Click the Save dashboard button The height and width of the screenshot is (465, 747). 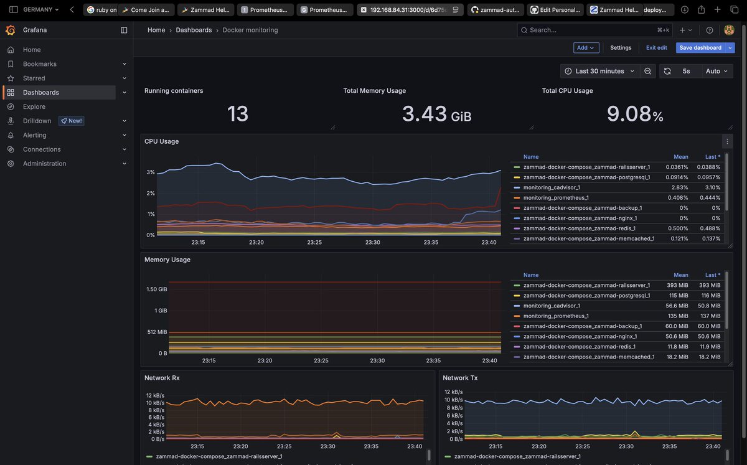click(700, 48)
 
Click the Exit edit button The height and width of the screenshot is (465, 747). click(656, 48)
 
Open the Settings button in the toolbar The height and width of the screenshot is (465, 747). click(620, 48)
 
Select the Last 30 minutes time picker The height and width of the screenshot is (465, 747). click(599, 71)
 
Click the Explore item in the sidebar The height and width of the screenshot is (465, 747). click(34, 106)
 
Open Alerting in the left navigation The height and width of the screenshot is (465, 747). click(34, 135)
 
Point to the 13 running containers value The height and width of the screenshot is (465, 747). click(237, 114)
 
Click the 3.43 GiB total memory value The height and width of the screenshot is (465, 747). click(436, 114)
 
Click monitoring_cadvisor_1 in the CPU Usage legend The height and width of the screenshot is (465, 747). click(552, 187)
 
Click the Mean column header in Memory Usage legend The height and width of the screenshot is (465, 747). click(680, 275)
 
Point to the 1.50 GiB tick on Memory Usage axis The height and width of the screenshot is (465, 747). click(156, 289)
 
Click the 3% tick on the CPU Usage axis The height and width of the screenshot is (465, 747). click(151, 172)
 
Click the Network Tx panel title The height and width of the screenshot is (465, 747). click(460, 378)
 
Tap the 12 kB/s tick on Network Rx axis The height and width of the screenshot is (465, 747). click(155, 395)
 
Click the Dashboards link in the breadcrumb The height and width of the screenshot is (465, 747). click(194, 30)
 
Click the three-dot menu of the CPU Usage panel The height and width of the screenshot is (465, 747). click(727, 141)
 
